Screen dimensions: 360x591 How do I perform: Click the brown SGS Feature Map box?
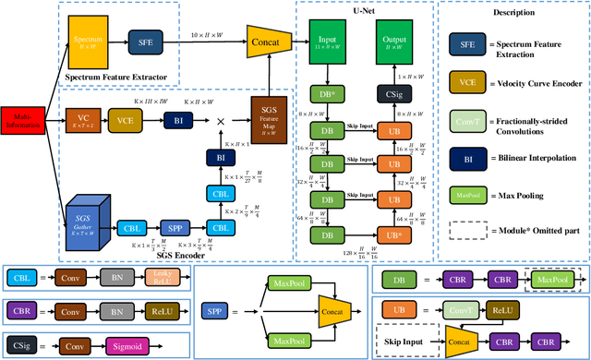(x=268, y=120)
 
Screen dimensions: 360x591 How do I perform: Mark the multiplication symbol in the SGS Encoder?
(x=221, y=121)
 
